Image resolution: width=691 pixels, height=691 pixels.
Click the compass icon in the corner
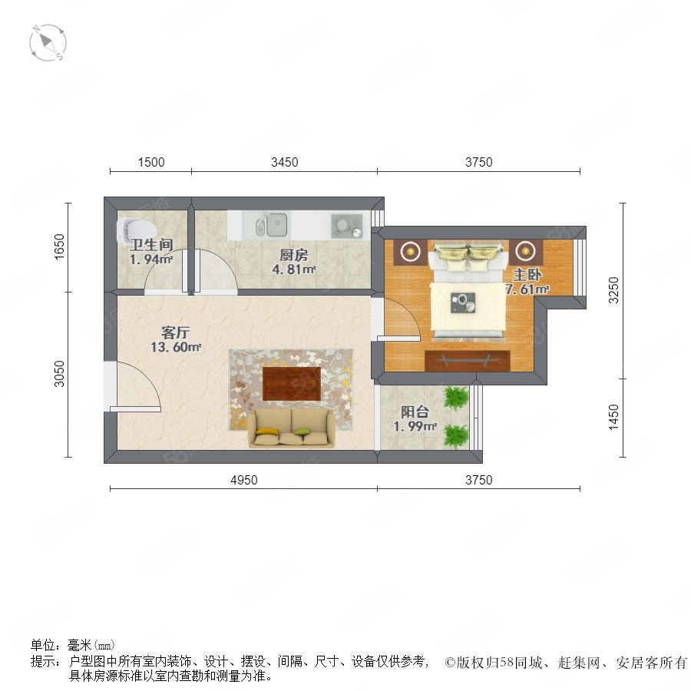click(x=48, y=43)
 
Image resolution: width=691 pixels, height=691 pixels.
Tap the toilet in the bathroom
click(x=136, y=230)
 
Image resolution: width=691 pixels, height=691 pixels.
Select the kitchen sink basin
click(x=273, y=224)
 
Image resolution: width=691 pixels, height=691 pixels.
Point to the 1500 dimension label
click(x=151, y=162)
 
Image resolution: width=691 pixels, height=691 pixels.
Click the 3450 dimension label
click(x=284, y=162)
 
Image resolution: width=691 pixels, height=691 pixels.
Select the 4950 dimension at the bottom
click(x=243, y=480)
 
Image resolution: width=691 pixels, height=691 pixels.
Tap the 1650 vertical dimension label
click(x=59, y=246)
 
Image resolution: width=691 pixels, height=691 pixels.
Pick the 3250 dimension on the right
click(x=613, y=290)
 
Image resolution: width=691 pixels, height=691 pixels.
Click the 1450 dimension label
click(x=613, y=418)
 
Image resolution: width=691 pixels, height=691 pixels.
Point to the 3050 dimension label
click(x=59, y=374)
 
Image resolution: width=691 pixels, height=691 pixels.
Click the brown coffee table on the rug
click(x=292, y=383)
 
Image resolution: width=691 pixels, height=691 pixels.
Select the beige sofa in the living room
click(x=291, y=428)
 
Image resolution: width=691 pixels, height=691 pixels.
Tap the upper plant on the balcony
click(x=455, y=398)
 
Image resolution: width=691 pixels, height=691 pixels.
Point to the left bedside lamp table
click(x=410, y=252)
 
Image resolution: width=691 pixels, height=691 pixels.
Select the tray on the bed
click(x=463, y=303)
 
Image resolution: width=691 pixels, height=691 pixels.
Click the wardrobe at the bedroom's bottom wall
click(x=468, y=361)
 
